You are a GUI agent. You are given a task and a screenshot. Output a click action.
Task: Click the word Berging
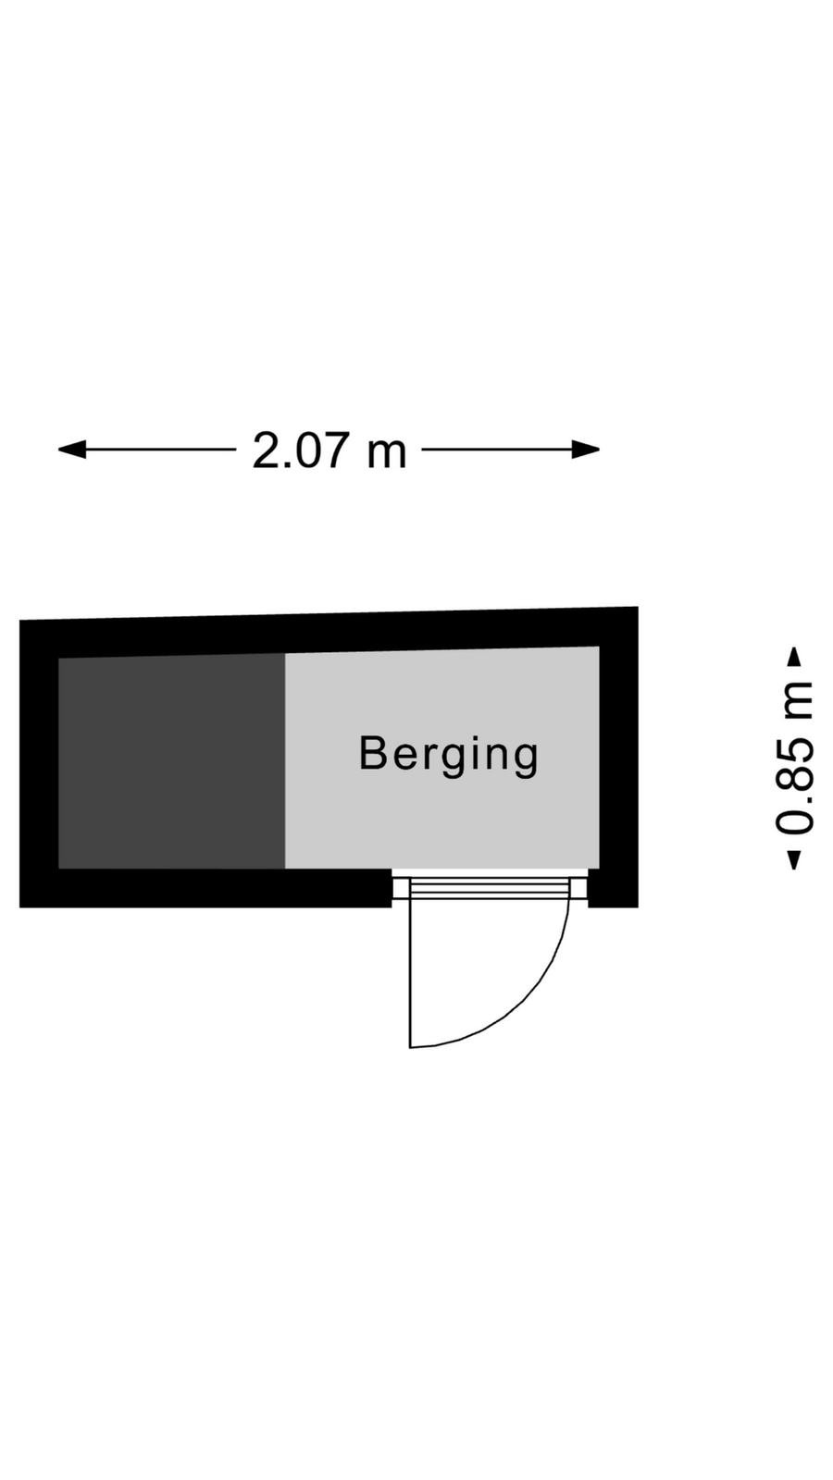pos(448,755)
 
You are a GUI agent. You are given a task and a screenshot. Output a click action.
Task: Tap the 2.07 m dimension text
pos(329,450)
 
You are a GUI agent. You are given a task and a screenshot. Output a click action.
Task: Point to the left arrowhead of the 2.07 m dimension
pos(72,450)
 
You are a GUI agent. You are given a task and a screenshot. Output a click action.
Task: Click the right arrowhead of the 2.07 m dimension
pos(586,450)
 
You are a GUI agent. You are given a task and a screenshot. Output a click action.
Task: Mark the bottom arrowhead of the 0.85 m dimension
pos(794,859)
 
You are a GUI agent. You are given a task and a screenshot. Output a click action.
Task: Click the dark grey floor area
pos(172,761)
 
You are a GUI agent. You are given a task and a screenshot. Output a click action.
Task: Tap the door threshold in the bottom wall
pos(490,887)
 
